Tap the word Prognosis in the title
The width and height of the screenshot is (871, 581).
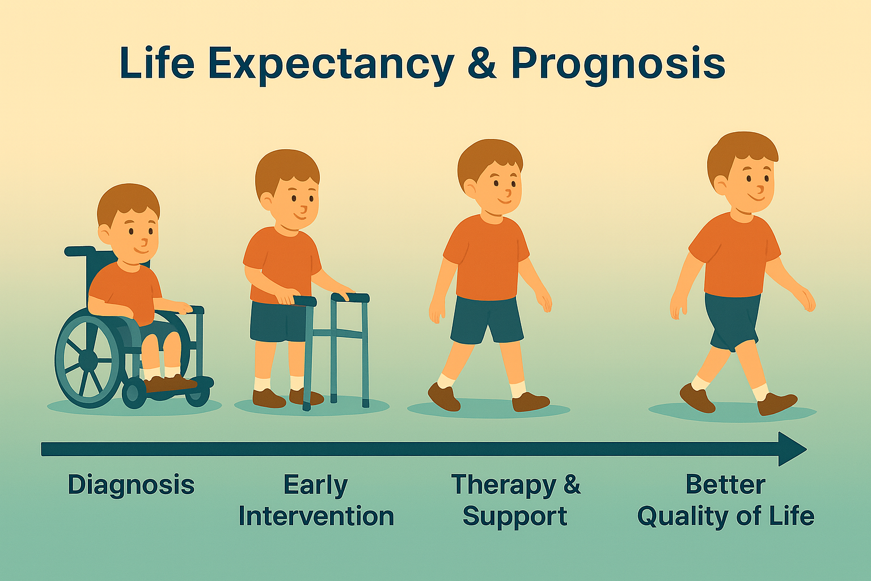[618, 64]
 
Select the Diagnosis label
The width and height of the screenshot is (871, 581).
[131, 486]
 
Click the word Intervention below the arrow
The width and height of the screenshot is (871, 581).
[316, 516]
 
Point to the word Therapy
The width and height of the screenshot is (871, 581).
[504, 486]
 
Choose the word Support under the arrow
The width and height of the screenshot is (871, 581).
[515, 516]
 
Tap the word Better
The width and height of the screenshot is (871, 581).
[725, 485]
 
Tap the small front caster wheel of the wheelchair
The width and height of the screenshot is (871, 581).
[134, 393]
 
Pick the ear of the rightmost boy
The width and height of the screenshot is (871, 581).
[720, 184]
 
